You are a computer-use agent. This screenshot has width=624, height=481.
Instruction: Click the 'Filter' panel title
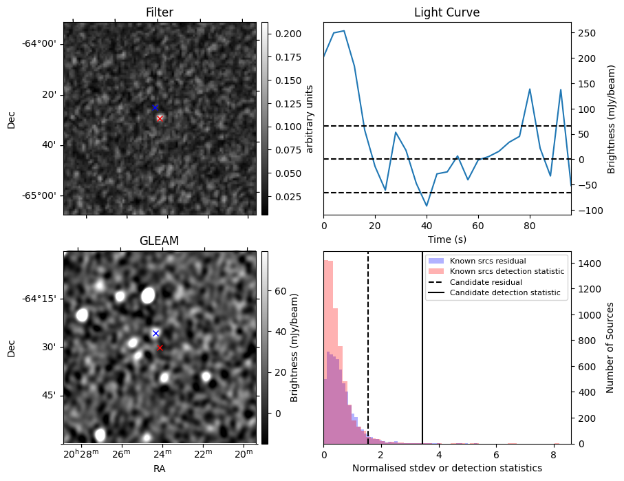(160, 12)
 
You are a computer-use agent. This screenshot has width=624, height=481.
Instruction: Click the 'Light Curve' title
(447, 12)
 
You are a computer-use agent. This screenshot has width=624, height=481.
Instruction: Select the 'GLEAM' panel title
(160, 241)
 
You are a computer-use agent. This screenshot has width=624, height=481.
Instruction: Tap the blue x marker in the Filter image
(155, 107)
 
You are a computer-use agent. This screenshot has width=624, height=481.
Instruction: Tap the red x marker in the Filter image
(160, 118)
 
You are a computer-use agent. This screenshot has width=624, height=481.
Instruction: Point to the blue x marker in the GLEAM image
(155, 333)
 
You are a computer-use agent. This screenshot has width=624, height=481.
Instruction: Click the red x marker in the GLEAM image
(160, 348)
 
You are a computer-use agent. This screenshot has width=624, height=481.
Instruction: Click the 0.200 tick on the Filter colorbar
(283, 34)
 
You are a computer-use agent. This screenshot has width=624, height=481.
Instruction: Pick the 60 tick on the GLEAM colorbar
(279, 291)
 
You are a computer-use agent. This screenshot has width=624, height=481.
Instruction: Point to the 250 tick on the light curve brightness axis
(585, 33)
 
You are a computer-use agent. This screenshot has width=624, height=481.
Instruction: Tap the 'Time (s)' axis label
(447, 237)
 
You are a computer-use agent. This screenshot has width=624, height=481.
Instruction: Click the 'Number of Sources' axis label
(610, 348)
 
